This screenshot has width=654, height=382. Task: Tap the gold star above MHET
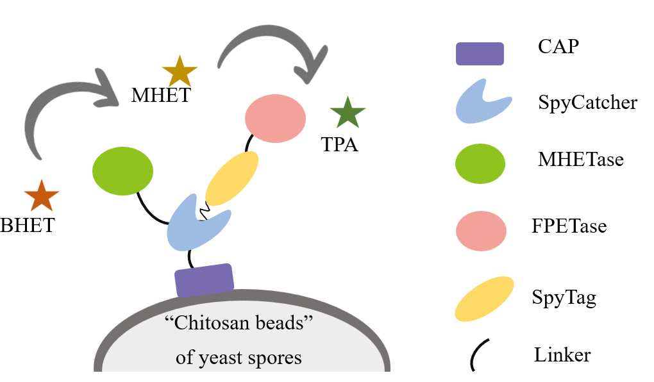(180, 71)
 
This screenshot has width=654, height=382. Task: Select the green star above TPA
(348, 113)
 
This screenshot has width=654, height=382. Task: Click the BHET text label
(28, 226)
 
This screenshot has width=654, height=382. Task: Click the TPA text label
(340, 145)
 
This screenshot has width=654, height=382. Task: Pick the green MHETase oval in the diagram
(122, 171)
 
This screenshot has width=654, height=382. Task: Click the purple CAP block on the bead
(205, 280)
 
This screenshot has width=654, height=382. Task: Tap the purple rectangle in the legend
(480, 54)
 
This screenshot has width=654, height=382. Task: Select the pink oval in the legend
(481, 228)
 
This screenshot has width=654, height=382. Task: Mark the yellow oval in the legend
(484, 298)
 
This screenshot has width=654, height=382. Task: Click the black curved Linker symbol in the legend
(478, 354)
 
